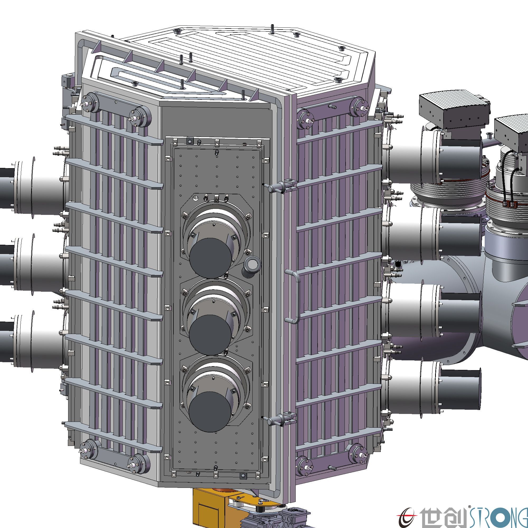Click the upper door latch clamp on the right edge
281,187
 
